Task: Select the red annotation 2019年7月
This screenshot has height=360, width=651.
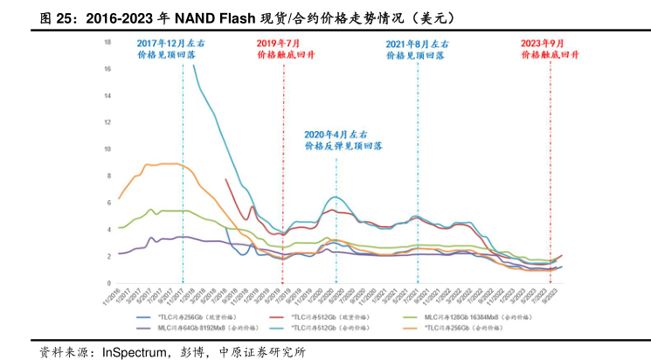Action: pyautogui.click(x=278, y=43)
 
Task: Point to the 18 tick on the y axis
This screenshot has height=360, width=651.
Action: pyautogui.click(x=107, y=42)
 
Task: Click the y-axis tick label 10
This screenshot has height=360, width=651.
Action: pyautogui.click(x=107, y=149)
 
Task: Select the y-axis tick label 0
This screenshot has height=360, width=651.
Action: pyautogui.click(x=107, y=281)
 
